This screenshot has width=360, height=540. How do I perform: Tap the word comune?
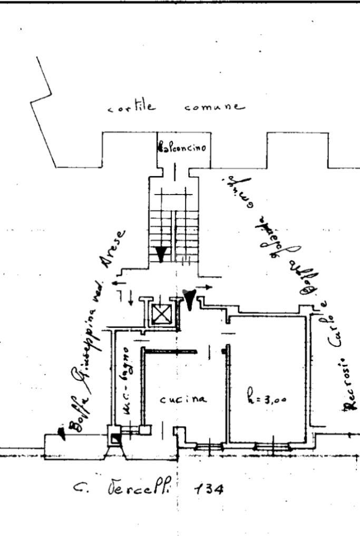(215, 107)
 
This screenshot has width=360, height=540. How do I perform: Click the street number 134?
(209, 490)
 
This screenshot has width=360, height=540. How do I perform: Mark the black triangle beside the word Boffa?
(62, 433)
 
